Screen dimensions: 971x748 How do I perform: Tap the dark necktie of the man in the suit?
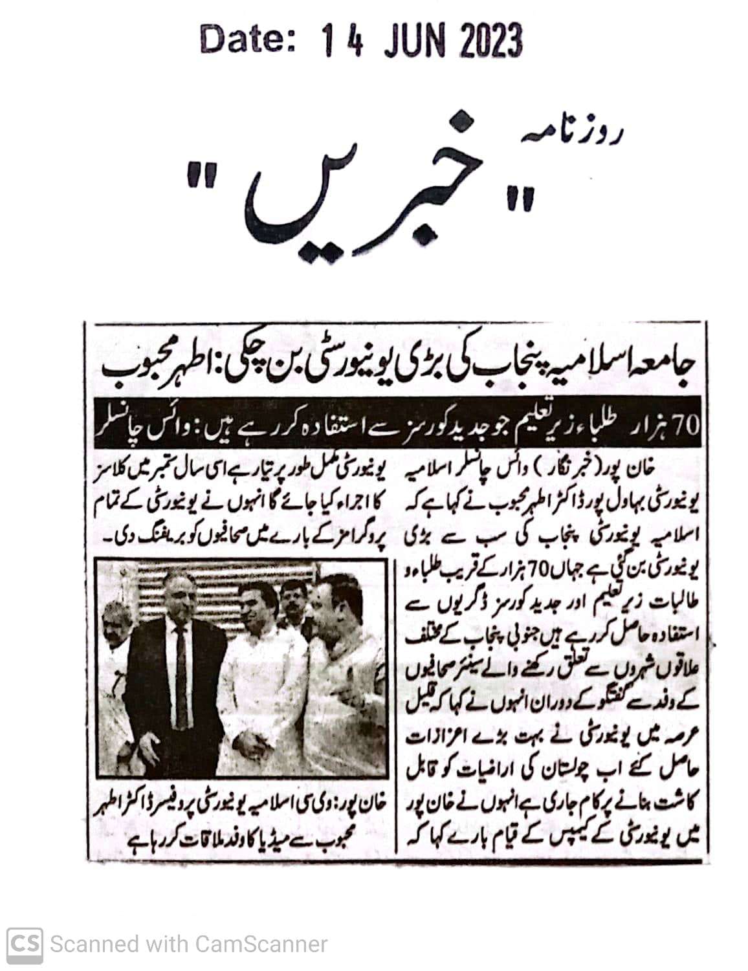(182, 666)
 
